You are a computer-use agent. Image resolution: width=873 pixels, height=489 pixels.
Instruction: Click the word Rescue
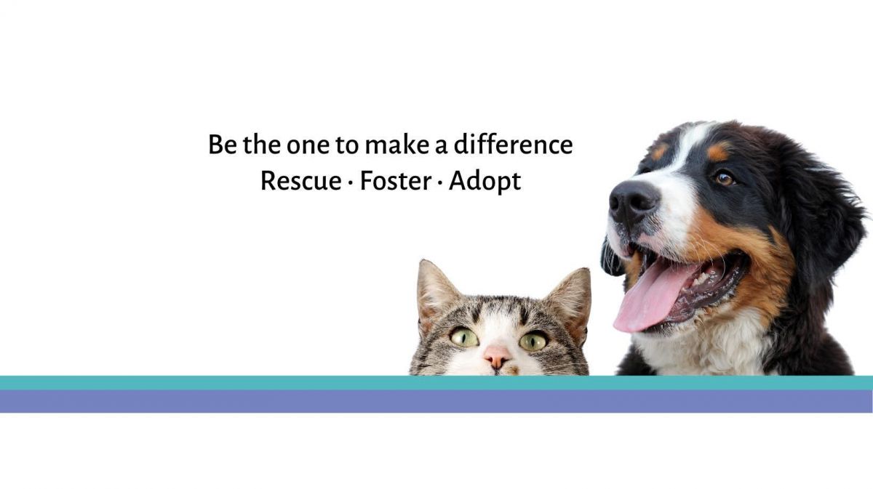[301, 181]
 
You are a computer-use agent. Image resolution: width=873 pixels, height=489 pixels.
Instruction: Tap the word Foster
[395, 181]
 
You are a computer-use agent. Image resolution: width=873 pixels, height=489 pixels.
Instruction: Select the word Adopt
[485, 182]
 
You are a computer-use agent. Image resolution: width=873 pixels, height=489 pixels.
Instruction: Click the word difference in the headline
[514, 144]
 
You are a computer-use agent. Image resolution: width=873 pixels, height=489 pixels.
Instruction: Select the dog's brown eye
[725, 179]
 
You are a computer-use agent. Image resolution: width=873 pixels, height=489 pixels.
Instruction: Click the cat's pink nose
[497, 356]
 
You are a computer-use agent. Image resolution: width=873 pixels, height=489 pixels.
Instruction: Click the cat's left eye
[464, 337]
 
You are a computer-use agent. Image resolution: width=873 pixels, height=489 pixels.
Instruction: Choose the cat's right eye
[533, 342]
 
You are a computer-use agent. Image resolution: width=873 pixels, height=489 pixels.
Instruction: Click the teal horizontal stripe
[436, 383]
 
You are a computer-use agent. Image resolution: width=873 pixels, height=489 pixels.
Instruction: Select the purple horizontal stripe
[436, 401]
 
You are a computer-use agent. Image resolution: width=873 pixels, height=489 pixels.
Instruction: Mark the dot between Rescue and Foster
[350, 182]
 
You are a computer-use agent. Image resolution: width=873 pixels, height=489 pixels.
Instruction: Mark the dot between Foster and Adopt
[439, 182]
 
